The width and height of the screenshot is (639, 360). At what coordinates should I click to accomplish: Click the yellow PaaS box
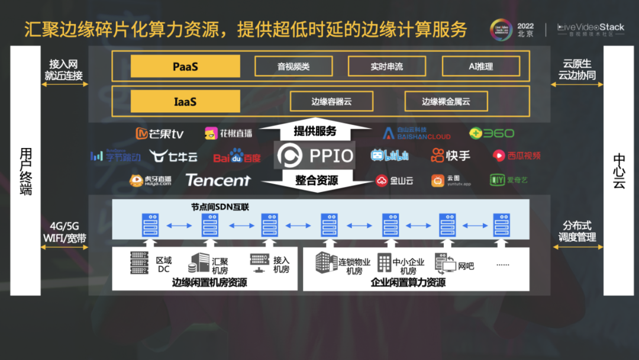(185, 66)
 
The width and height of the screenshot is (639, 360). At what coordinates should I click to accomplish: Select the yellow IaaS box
(185, 101)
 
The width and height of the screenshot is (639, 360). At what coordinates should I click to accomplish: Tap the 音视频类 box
(293, 66)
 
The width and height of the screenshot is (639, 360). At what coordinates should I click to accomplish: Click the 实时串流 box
(386, 66)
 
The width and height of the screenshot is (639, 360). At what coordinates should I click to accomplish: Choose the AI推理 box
(480, 66)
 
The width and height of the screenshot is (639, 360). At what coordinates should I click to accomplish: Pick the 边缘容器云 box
(331, 101)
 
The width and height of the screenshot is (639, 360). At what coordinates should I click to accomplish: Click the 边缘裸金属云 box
(446, 101)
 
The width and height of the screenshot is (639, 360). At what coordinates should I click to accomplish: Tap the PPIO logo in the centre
(316, 156)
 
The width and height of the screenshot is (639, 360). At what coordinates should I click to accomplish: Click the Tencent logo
(218, 180)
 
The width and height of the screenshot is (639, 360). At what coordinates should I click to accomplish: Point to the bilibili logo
(389, 156)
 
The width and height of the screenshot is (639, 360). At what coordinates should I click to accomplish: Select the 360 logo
(492, 133)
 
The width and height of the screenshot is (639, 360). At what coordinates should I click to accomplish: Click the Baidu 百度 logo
(237, 157)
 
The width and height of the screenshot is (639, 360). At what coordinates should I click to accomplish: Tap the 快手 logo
(451, 156)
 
